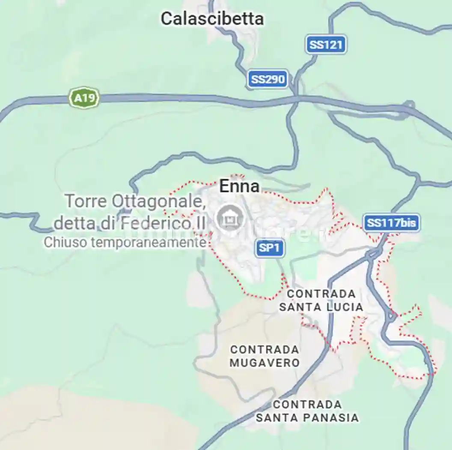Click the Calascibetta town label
coord(212,18)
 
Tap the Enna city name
coord(239,186)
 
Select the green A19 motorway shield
coord(84,99)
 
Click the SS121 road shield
coord(326,45)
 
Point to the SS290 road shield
coord(268,79)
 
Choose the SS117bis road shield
coord(392,223)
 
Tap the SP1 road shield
coord(270,248)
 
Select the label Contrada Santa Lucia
coord(321,300)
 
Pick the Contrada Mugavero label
coord(265,356)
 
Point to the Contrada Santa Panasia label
coord(307,411)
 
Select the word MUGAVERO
coord(265,363)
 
